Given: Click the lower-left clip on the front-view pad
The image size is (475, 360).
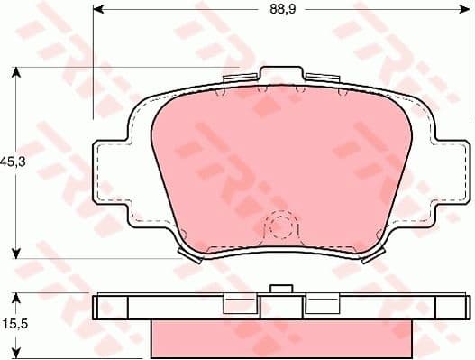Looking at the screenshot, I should pyautogui.click(x=191, y=256).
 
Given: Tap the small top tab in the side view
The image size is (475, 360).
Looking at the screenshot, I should pyautogui.click(x=282, y=290).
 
